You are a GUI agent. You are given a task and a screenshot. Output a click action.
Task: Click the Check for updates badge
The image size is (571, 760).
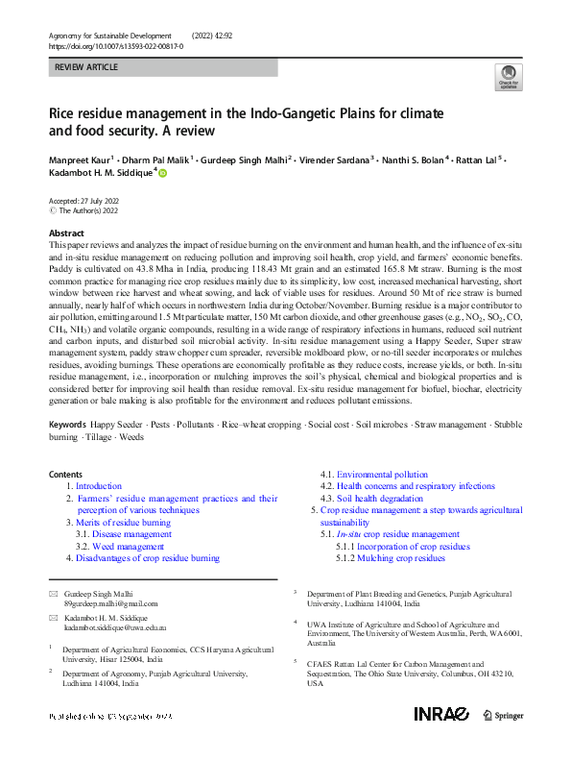tap(508, 78)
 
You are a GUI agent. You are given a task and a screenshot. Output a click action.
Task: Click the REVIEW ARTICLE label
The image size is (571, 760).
tap(86, 67)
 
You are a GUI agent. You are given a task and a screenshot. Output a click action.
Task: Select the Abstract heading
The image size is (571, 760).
tap(67, 233)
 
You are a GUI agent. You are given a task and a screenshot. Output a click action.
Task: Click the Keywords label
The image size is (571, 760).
tap(68, 424)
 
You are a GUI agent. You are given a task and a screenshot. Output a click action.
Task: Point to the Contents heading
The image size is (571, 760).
tap(65, 475)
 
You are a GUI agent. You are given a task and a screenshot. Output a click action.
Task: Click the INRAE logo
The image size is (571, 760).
tap(441, 714)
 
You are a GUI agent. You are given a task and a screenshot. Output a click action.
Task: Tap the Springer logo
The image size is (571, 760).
tap(503, 715)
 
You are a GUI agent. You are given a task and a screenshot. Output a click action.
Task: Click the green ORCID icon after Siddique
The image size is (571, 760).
tap(163, 174)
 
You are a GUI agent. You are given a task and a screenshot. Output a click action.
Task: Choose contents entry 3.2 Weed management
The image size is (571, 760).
tap(128, 546)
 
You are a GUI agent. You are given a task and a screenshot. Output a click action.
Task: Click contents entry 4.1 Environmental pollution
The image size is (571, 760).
tap(375, 475)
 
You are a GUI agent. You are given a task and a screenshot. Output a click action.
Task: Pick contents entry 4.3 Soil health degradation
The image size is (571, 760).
tap(375, 499)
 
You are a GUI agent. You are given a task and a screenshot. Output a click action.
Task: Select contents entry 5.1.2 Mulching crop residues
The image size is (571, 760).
tap(391, 557)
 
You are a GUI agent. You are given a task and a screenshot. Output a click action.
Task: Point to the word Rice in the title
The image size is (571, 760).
tap(64, 113)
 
